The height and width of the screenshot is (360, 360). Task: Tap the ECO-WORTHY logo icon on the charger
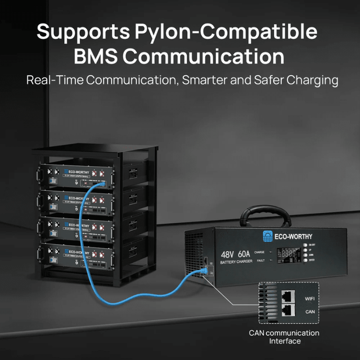[267, 237]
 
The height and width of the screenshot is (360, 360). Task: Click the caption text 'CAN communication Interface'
[283, 337]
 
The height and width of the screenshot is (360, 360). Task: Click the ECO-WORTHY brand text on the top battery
[78, 169]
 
